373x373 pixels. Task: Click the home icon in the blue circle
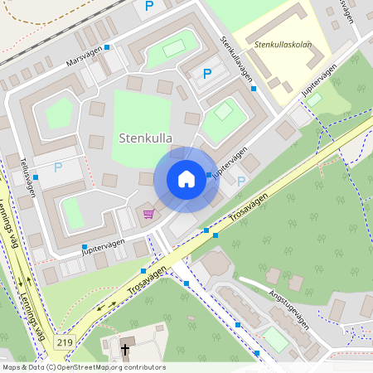186,179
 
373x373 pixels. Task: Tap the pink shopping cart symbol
148,214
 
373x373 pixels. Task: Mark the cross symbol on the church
125,348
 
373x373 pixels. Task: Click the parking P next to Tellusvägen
58,167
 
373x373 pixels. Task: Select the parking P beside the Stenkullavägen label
207,75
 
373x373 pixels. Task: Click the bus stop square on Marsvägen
107,47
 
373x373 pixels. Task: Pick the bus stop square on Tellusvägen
35,177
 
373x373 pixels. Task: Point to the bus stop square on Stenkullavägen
253,88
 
